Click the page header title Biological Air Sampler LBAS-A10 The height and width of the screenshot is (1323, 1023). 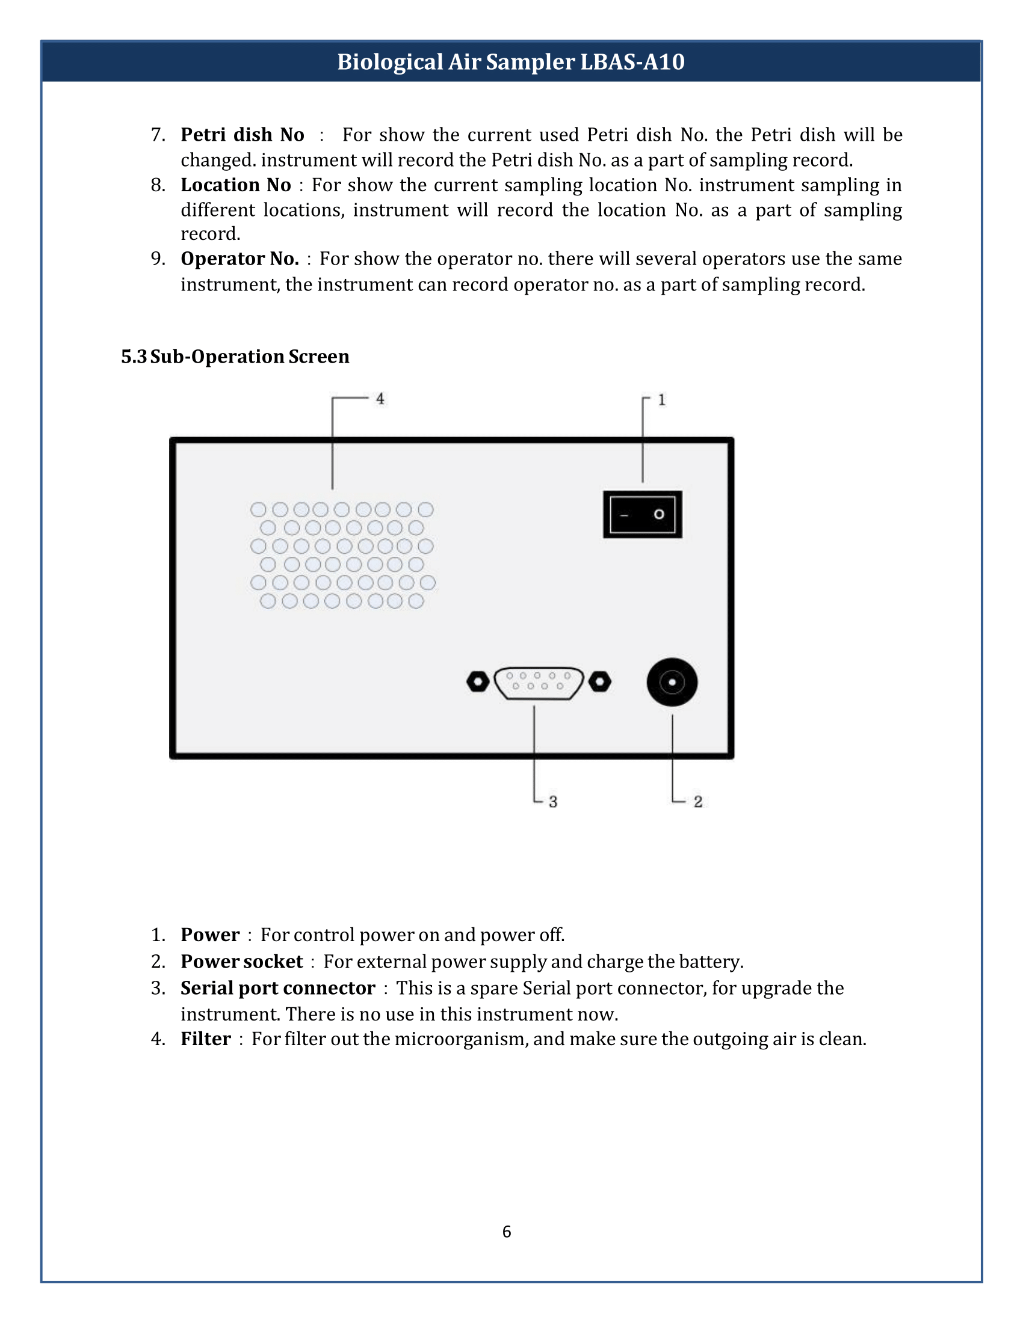pos(511,62)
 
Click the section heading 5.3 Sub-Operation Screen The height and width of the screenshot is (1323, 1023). pos(235,356)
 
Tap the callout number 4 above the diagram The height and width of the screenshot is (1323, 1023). pos(380,399)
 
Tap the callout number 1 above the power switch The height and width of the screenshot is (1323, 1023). pos(662,400)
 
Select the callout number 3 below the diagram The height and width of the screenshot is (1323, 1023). pos(552,802)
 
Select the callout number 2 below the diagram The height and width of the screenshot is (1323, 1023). pos(698,802)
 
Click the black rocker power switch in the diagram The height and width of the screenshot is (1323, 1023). pos(643,514)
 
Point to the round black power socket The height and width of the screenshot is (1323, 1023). pos(672,682)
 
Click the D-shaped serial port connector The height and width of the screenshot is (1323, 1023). pos(538,683)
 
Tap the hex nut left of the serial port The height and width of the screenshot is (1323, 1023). pos(478,681)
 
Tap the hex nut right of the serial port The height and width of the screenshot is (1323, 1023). pos(600,681)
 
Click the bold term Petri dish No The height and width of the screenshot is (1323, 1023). pos(243,135)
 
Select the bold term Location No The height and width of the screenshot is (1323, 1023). pos(236,185)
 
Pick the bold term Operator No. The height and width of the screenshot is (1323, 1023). pos(240,259)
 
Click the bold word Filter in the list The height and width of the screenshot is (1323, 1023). pos(205,1039)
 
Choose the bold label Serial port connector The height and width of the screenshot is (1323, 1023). pos(277,988)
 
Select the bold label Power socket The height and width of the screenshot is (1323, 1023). pos(241,962)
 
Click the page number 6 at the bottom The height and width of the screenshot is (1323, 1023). pos(507,1232)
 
